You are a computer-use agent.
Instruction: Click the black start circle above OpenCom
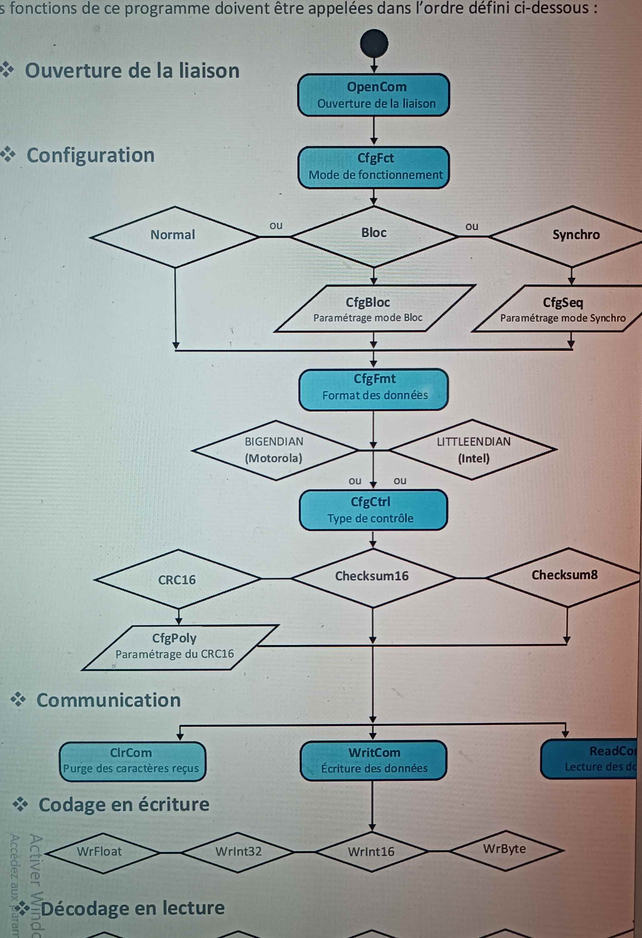click(374, 43)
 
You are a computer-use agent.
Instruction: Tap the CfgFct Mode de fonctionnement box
click(374, 167)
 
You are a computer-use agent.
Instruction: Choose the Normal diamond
click(174, 236)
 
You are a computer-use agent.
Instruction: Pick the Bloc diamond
click(374, 236)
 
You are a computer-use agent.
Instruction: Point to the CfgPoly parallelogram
click(178, 648)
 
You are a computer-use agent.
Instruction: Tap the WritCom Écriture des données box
click(374, 760)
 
